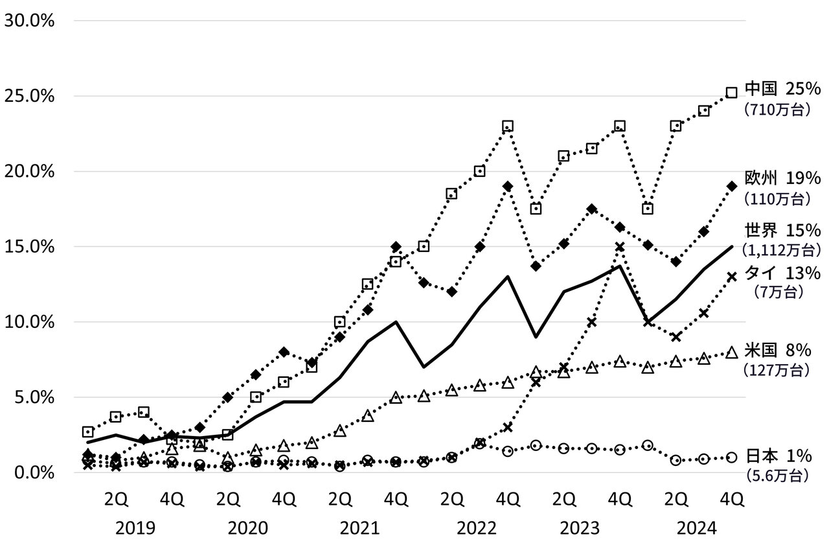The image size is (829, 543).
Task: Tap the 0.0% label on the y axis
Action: [x=31, y=472]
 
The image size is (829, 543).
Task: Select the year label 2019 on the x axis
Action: [x=137, y=527]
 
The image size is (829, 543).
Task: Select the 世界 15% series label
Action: [x=782, y=231]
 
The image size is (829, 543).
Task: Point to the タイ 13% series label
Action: [x=782, y=273]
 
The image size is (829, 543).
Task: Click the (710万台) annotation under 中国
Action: [x=777, y=110]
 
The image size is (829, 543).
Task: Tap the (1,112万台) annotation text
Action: [x=782, y=249]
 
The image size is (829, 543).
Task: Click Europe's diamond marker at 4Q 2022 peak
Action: [x=507, y=187]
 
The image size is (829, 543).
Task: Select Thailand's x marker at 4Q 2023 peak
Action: [x=620, y=247]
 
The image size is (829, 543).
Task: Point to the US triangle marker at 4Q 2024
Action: [x=732, y=352]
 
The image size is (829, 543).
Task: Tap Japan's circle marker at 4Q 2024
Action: [x=732, y=457]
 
